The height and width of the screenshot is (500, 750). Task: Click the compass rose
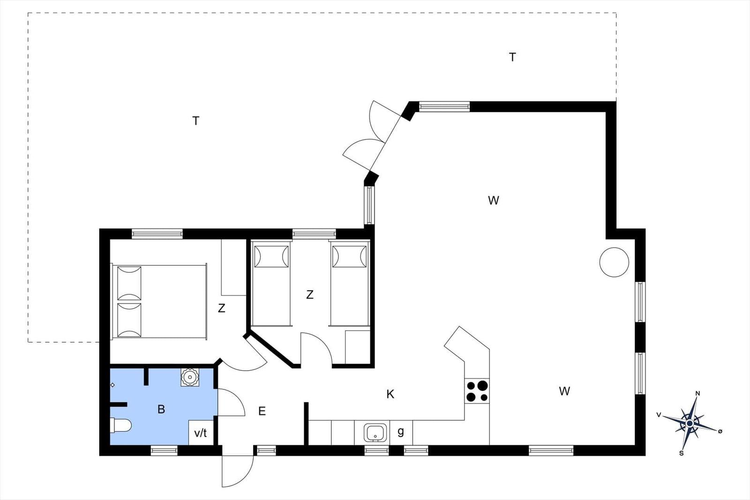coord(690,423)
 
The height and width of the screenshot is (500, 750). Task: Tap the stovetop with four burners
coord(477,391)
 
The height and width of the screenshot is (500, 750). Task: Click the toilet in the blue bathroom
coord(121,425)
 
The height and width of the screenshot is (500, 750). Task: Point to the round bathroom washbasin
coord(190,377)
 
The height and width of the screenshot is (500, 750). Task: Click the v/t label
coord(201,433)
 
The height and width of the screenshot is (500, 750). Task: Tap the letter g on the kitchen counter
coord(401,432)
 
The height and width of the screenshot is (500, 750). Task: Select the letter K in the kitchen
coord(390,394)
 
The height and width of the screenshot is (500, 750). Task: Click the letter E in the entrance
coord(262,411)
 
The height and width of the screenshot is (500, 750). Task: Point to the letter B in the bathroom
coord(161,409)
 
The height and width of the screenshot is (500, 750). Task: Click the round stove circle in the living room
coord(614,262)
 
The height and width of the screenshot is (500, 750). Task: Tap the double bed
coord(159,301)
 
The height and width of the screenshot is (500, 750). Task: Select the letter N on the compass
coord(698,394)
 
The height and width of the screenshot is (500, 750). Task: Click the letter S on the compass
coord(681,454)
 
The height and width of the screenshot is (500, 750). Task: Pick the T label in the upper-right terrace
coord(512,57)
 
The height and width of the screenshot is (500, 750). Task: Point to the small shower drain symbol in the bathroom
coord(112,385)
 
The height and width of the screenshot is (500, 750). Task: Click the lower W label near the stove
coord(564,391)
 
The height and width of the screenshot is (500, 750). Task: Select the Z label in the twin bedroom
coord(310,294)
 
